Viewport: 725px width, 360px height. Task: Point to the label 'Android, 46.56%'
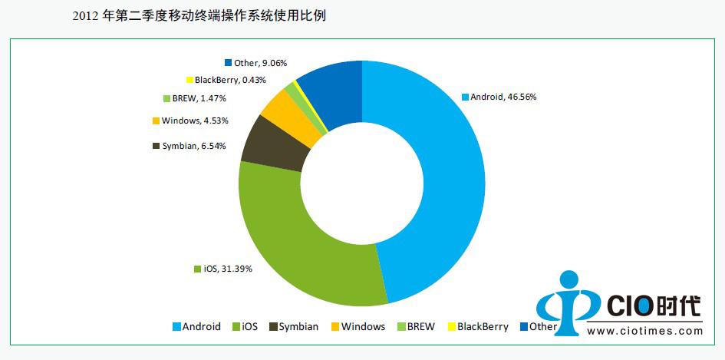click(x=497, y=97)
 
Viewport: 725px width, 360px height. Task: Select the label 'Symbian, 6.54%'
click(x=194, y=146)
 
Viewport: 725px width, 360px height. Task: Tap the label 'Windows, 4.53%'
click(x=195, y=121)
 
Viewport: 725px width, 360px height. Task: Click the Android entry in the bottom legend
click(x=196, y=326)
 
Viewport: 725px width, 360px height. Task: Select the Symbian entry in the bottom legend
click(x=294, y=326)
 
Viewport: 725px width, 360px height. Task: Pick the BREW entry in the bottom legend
click(x=416, y=326)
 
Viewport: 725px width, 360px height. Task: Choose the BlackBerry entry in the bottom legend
click(x=477, y=326)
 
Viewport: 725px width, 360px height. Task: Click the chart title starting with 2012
click(x=199, y=15)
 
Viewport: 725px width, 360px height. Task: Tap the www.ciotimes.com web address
click(x=644, y=332)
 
